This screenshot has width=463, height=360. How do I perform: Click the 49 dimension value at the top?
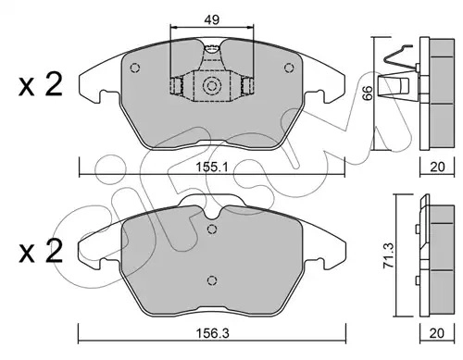pyautogui.click(x=212, y=19)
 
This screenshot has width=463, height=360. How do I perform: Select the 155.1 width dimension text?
pyautogui.click(x=212, y=168)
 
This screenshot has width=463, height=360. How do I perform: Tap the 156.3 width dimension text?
pyautogui.click(x=213, y=333)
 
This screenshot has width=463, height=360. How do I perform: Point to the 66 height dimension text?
pyautogui.click(x=368, y=93)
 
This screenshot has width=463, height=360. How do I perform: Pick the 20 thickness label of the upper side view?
pyautogui.click(x=437, y=167)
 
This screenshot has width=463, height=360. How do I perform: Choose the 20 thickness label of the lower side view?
pyautogui.click(x=437, y=333)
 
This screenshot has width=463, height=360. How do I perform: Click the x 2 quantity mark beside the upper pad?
pyautogui.click(x=41, y=84)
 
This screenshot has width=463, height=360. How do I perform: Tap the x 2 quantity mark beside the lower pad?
pyautogui.click(x=41, y=252)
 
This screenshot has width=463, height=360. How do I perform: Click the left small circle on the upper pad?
pyautogui.click(x=135, y=68)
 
